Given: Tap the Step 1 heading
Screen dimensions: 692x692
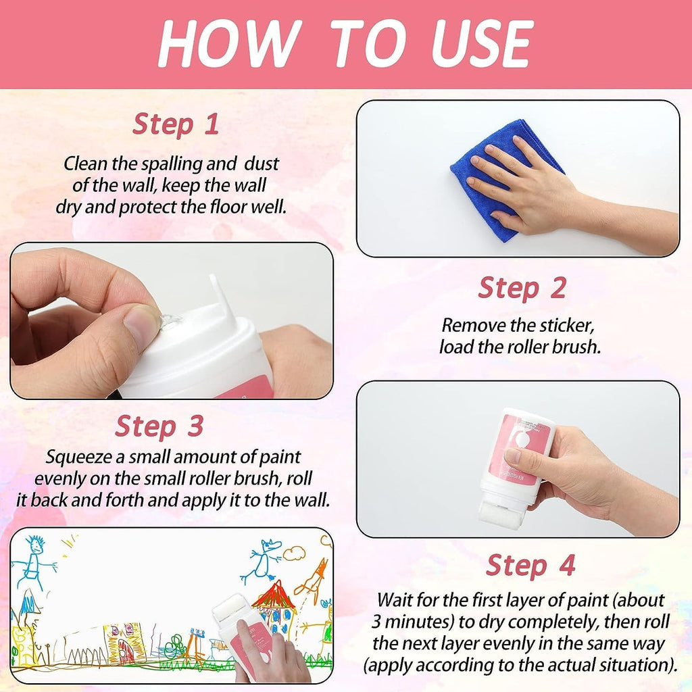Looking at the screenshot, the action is pos(176,124).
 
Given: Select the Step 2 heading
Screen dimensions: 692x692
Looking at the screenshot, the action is pos(522,288).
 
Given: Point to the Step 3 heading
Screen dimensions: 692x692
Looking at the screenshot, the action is pos(159,426).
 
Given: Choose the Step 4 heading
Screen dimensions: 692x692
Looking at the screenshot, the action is pos(530,565).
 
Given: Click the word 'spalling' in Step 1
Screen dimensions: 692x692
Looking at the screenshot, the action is pos(172,164).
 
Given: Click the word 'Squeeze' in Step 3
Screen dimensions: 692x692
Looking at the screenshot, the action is pos(79,458).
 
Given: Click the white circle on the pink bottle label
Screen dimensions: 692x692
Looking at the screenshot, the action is pos(522,439).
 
